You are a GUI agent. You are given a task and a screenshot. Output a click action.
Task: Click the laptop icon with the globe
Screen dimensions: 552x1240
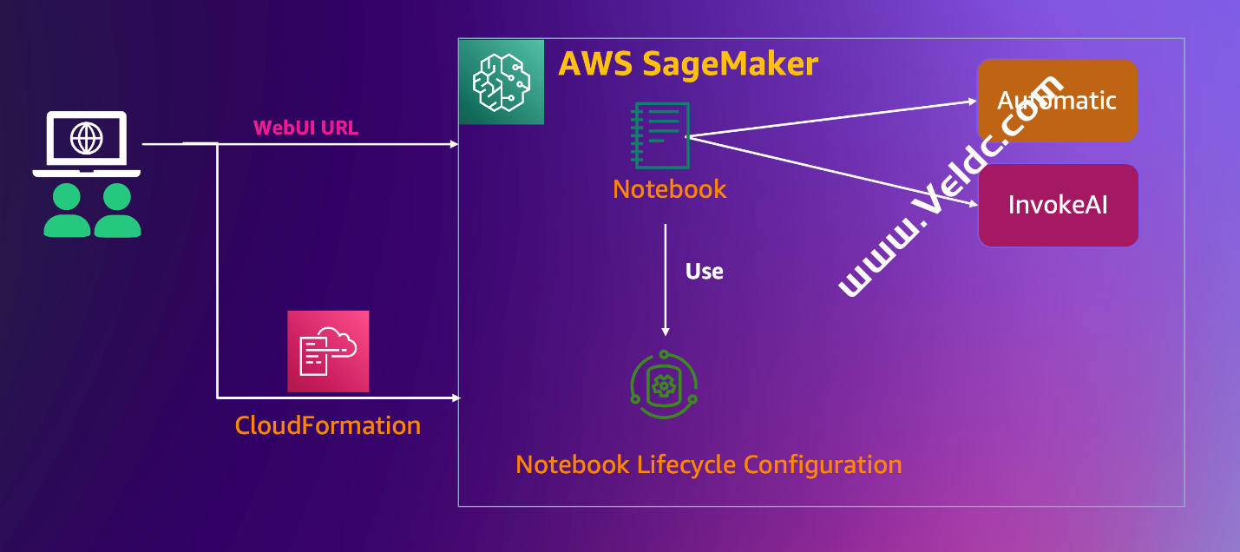[86, 143]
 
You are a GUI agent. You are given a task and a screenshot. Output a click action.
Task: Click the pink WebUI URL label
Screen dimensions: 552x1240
[305, 128]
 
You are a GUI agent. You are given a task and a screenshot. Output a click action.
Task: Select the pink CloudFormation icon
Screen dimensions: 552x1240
[328, 352]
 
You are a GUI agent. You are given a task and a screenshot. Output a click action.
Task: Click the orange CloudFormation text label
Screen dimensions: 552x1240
[328, 425]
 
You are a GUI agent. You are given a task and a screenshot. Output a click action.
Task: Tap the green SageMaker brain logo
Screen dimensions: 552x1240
[501, 82]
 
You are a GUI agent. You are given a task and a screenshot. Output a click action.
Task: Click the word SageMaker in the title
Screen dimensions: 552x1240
[731, 64]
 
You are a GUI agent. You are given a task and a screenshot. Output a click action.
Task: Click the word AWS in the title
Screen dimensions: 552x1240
[595, 64]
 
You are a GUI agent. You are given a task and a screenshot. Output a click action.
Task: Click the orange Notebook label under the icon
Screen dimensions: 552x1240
[669, 189]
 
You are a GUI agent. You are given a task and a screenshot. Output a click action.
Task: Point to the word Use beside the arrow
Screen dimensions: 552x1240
[704, 272]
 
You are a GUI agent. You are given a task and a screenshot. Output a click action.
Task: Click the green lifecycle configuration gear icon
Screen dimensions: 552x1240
[665, 385]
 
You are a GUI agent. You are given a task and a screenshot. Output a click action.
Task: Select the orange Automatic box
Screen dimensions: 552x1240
[1057, 101]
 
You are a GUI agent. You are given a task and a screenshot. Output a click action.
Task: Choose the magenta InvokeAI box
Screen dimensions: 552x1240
[1058, 206]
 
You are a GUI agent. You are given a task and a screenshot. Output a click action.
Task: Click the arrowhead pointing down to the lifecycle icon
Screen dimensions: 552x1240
[666, 332]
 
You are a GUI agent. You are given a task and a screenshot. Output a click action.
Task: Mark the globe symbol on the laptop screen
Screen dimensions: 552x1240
[86, 137]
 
